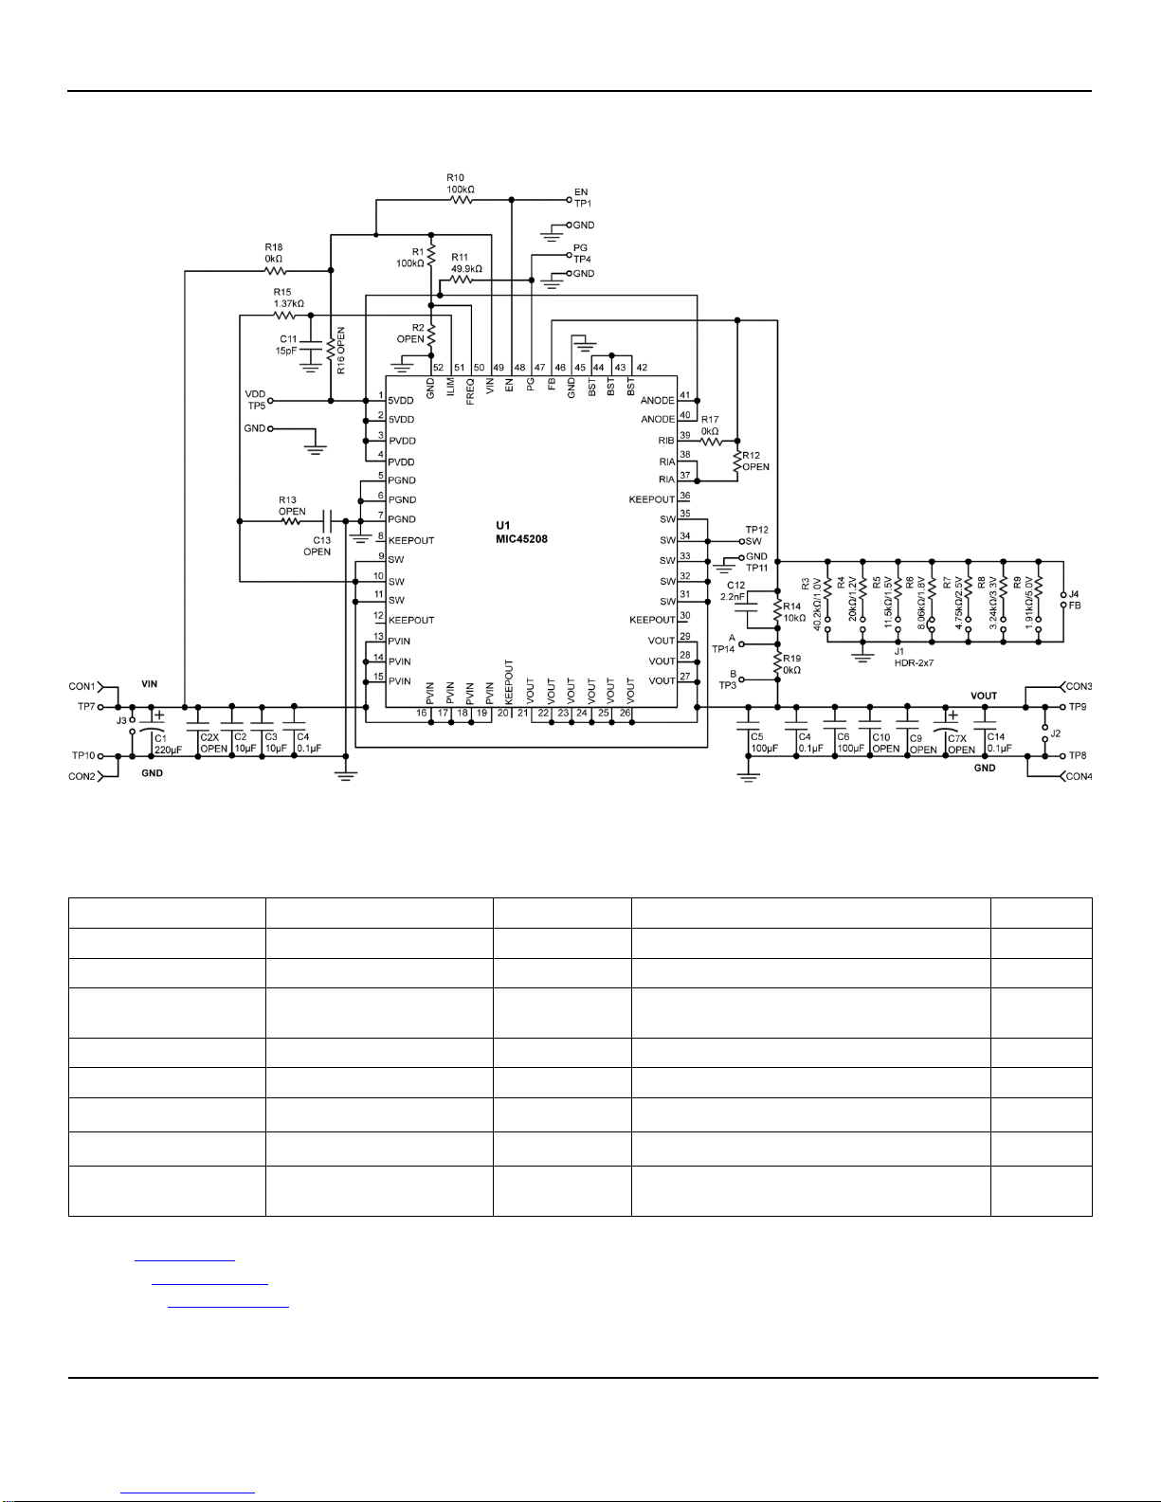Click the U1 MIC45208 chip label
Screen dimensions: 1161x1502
[x=521, y=533]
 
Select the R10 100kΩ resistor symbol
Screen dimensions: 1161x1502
[x=461, y=200]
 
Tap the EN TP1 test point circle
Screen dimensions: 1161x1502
[x=570, y=200]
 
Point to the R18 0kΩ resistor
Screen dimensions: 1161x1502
[x=276, y=271]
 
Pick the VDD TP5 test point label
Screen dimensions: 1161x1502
[x=256, y=400]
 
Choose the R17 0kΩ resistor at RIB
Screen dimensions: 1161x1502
[x=711, y=441]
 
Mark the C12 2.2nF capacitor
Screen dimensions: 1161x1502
[x=746, y=608]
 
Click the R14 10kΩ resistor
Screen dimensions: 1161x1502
[x=777, y=611]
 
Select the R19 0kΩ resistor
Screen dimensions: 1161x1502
[x=777, y=662]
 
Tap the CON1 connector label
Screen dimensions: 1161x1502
[x=82, y=686]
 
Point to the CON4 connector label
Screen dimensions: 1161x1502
[x=1079, y=776]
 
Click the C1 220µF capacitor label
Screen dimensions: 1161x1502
[x=168, y=744]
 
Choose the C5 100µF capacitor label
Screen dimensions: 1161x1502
[x=764, y=742]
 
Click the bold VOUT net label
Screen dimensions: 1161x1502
[x=984, y=696]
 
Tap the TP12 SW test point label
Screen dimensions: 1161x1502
[x=756, y=535]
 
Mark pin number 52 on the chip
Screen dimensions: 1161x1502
[x=438, y=368]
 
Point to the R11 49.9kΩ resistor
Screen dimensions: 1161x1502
[x=461, y=280]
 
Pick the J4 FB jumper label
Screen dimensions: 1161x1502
[x=1075, y=600]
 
